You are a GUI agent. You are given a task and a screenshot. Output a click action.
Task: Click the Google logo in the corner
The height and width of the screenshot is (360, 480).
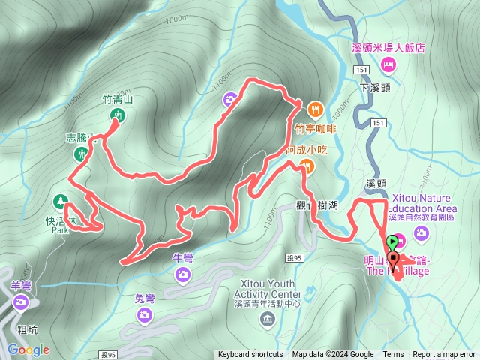click(x=28, y=349)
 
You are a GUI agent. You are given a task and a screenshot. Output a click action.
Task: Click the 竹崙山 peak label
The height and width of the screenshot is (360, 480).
click(x=117, y=98)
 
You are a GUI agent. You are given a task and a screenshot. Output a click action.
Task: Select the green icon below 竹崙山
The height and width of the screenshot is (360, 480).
click(x=118, y=115)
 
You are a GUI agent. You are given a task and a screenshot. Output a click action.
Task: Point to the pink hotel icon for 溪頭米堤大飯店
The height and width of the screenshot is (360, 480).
click(x=388, y=64)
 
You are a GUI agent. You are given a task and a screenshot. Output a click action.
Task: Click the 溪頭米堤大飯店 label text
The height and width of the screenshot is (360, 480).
click(x=388, y=47)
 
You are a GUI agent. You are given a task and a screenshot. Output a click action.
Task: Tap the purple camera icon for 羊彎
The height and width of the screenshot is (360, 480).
click(x=21, y=303)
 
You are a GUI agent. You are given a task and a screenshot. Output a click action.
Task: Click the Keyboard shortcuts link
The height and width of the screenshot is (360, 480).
click(x=250, y=355)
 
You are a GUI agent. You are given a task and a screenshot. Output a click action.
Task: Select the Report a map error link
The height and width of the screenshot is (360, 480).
click(x=444, y=355)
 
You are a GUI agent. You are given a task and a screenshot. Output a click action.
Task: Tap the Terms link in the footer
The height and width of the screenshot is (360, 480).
click(x=393, y=355)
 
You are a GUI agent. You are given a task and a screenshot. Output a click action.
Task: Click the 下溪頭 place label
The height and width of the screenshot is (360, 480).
click(x=375, y=87)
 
